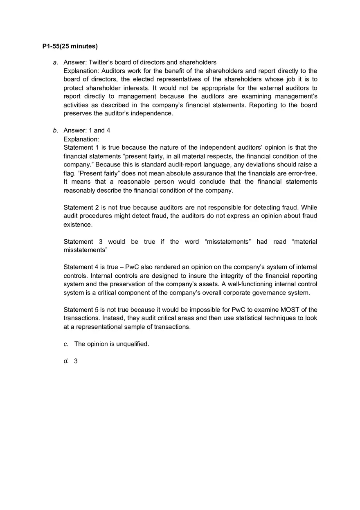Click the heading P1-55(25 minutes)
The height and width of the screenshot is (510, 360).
70,46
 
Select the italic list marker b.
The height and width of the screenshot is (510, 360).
55,130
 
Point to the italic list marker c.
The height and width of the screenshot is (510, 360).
66,344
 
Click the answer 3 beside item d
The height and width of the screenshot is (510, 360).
76,361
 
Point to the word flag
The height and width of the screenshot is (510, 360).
69,173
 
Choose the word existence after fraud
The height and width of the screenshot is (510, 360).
77,225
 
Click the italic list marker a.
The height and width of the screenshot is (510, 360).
55,63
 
